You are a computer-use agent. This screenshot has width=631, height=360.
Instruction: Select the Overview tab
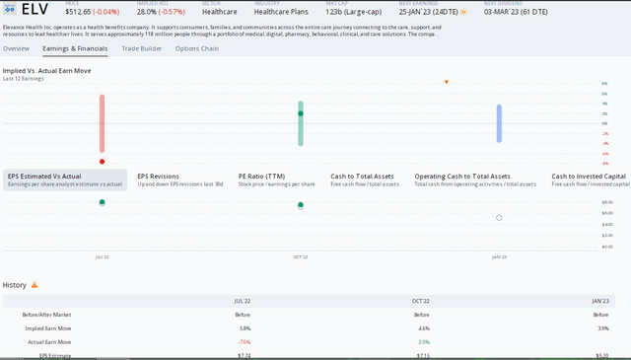point(16,47)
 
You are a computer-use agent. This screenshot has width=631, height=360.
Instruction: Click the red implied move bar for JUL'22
point(102,123)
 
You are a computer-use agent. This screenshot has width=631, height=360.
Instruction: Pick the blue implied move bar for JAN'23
point(499,122)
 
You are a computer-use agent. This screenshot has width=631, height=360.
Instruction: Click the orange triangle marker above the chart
point(447,82)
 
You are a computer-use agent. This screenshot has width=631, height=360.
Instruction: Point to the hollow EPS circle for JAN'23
point(499,218)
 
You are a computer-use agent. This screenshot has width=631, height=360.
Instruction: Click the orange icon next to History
point(35,285)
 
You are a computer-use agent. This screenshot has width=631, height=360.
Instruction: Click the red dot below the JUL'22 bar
point(102,161)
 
